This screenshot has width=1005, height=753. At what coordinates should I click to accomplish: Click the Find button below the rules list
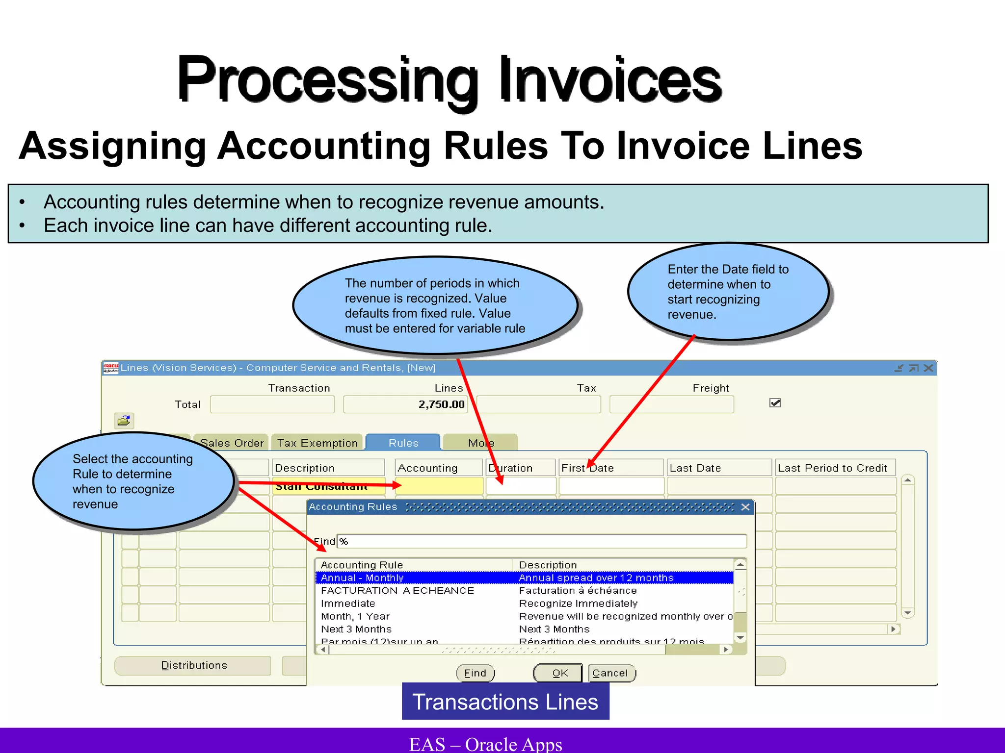[x=475, y=673]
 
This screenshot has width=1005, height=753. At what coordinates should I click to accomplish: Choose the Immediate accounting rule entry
[x=348, y=603]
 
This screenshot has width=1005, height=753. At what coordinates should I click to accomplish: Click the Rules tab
[x=403, y=443]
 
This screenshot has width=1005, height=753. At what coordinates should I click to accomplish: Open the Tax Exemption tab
[x=317, y=443]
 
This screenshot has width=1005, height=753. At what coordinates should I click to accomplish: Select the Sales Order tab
[x=232, y=443]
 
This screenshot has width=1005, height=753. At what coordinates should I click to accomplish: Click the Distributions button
[x=193, y=665]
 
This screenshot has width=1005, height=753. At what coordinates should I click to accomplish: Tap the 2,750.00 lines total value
[x=441, y=404]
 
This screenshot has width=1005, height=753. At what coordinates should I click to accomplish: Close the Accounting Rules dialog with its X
[x=745, y=507]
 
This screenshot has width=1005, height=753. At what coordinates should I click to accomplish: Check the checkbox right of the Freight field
[x=775, y=403]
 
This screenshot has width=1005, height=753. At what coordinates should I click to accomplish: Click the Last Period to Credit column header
[x=833, y=468]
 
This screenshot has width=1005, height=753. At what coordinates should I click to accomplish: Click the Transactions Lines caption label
[x=505, y=702]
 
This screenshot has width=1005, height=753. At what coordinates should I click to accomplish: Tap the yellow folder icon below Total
[x=124, y=421]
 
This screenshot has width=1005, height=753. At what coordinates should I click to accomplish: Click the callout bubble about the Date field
[x=728, y=292]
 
